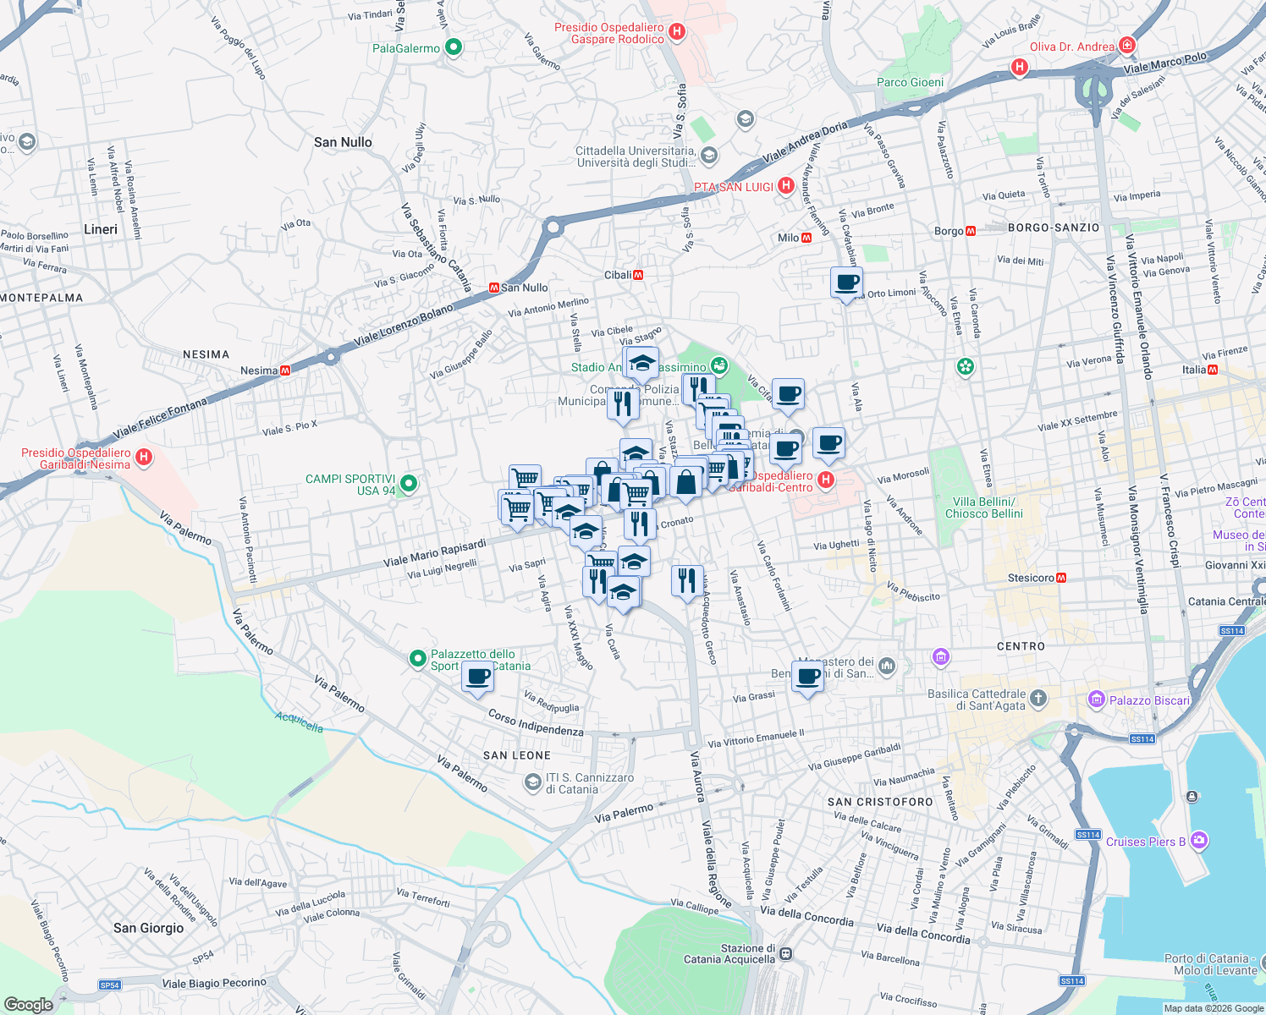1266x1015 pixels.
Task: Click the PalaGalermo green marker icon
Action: [x=454, y=48]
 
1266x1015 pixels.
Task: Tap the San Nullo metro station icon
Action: [x=493, y=288]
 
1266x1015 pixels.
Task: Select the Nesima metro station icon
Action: [x=285, y=370]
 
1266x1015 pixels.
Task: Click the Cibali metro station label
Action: [x=618, y=275]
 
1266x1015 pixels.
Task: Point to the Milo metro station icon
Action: [x=806, y=238]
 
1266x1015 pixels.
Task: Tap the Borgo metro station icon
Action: [x=971, y=231]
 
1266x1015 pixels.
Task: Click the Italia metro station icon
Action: [x=1213, y=370]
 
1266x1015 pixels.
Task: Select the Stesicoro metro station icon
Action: [x=1061, y=578]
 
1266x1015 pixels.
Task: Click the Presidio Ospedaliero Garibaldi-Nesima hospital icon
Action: [x=144, y=458]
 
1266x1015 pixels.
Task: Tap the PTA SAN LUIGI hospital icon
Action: [x=785, y=186]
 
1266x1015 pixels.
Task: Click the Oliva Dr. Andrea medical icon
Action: [x=1126, y=46]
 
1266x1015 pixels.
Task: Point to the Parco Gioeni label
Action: [x=910, y=82]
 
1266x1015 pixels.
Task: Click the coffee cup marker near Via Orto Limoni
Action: [x=846, y=283]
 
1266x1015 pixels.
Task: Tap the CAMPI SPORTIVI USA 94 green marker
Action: [x=409, y=484]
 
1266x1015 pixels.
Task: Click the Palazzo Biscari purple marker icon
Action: [x=1097, y=700]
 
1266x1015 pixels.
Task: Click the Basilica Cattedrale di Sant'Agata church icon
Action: [x=1038, y=699]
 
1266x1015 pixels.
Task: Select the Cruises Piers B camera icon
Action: [x=1198, y=841]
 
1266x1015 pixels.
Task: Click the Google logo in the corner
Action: [x=29, y=1004]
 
